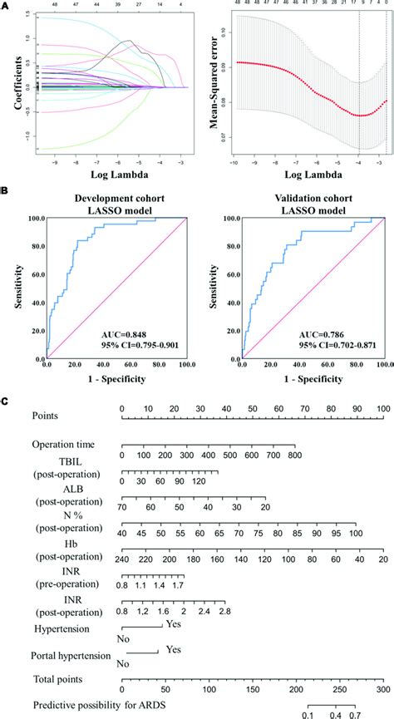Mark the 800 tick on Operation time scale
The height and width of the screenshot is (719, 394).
pos(293,456)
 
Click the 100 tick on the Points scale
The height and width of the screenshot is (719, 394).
pos(382,409)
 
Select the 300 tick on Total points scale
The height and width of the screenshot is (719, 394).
pos(382,689)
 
